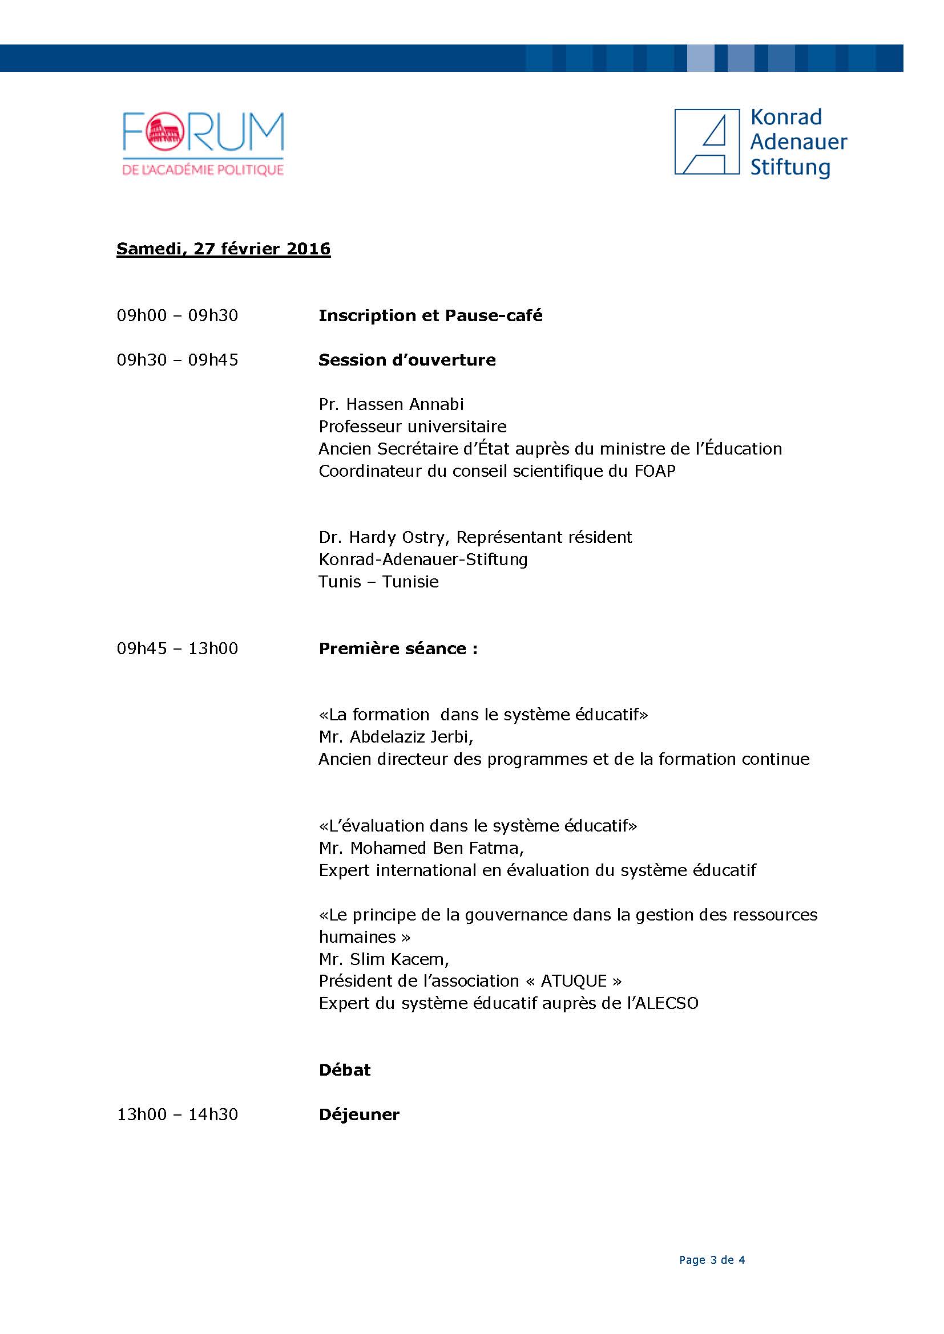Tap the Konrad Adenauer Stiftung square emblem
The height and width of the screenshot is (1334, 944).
point(706,141)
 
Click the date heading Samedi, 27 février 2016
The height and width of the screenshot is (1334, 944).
point(223,249)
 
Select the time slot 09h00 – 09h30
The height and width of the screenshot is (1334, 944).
point(177,315)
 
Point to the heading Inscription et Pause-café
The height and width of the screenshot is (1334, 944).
point(430,315)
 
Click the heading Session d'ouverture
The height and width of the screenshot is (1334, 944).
point(407,360)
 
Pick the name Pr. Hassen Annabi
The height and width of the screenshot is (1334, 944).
point(391,404)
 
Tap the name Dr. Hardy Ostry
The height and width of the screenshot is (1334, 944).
point(384,537)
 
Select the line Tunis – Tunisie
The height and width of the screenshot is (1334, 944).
point(378,582)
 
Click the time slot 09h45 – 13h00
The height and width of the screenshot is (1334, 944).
point(177,648)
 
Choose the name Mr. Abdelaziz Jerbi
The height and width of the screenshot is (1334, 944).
point(396,737)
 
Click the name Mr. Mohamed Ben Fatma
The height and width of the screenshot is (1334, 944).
point(421,848)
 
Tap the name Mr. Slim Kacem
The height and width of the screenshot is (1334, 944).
point(384,959)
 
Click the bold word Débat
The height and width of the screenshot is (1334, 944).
point(344,1070)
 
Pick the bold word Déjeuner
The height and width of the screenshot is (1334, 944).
point(358,1114)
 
